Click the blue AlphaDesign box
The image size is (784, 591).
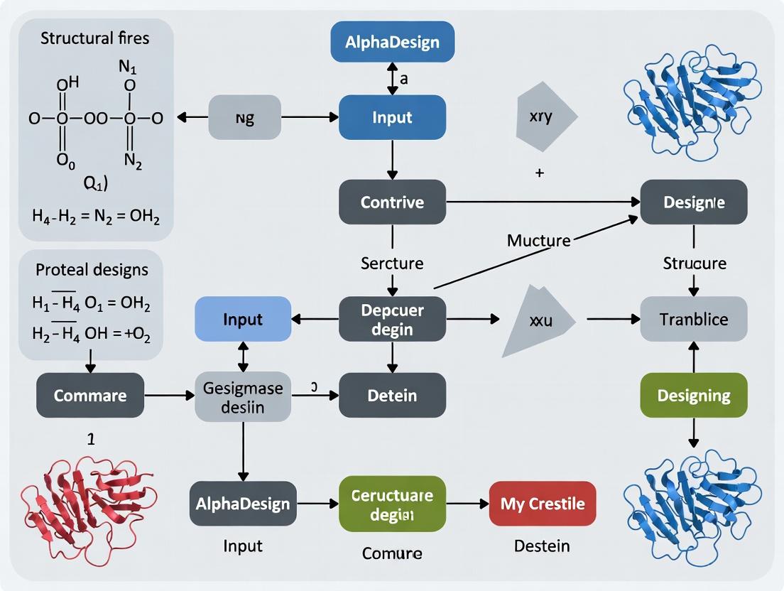click(392, 41)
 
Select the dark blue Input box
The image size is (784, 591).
click(392, 116)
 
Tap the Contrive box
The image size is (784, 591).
click(392, 202)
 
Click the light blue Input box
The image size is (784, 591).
click(243, 319)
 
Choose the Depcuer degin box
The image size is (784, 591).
click(392, 319)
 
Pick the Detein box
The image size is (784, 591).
click(392, 395)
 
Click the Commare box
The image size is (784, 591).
click(90, 395)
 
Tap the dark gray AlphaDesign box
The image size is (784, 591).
click(243, 504)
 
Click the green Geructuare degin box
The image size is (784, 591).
click(392, 504)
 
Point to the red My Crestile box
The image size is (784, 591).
click(543, 504)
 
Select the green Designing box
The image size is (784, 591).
click(694, 395)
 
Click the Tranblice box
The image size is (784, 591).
click(694, 319)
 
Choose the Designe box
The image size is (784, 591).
click(694, 202)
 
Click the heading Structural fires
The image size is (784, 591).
click(95, 37)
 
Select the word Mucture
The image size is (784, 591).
click(539, 240)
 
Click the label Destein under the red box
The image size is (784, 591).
click(543, 546)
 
